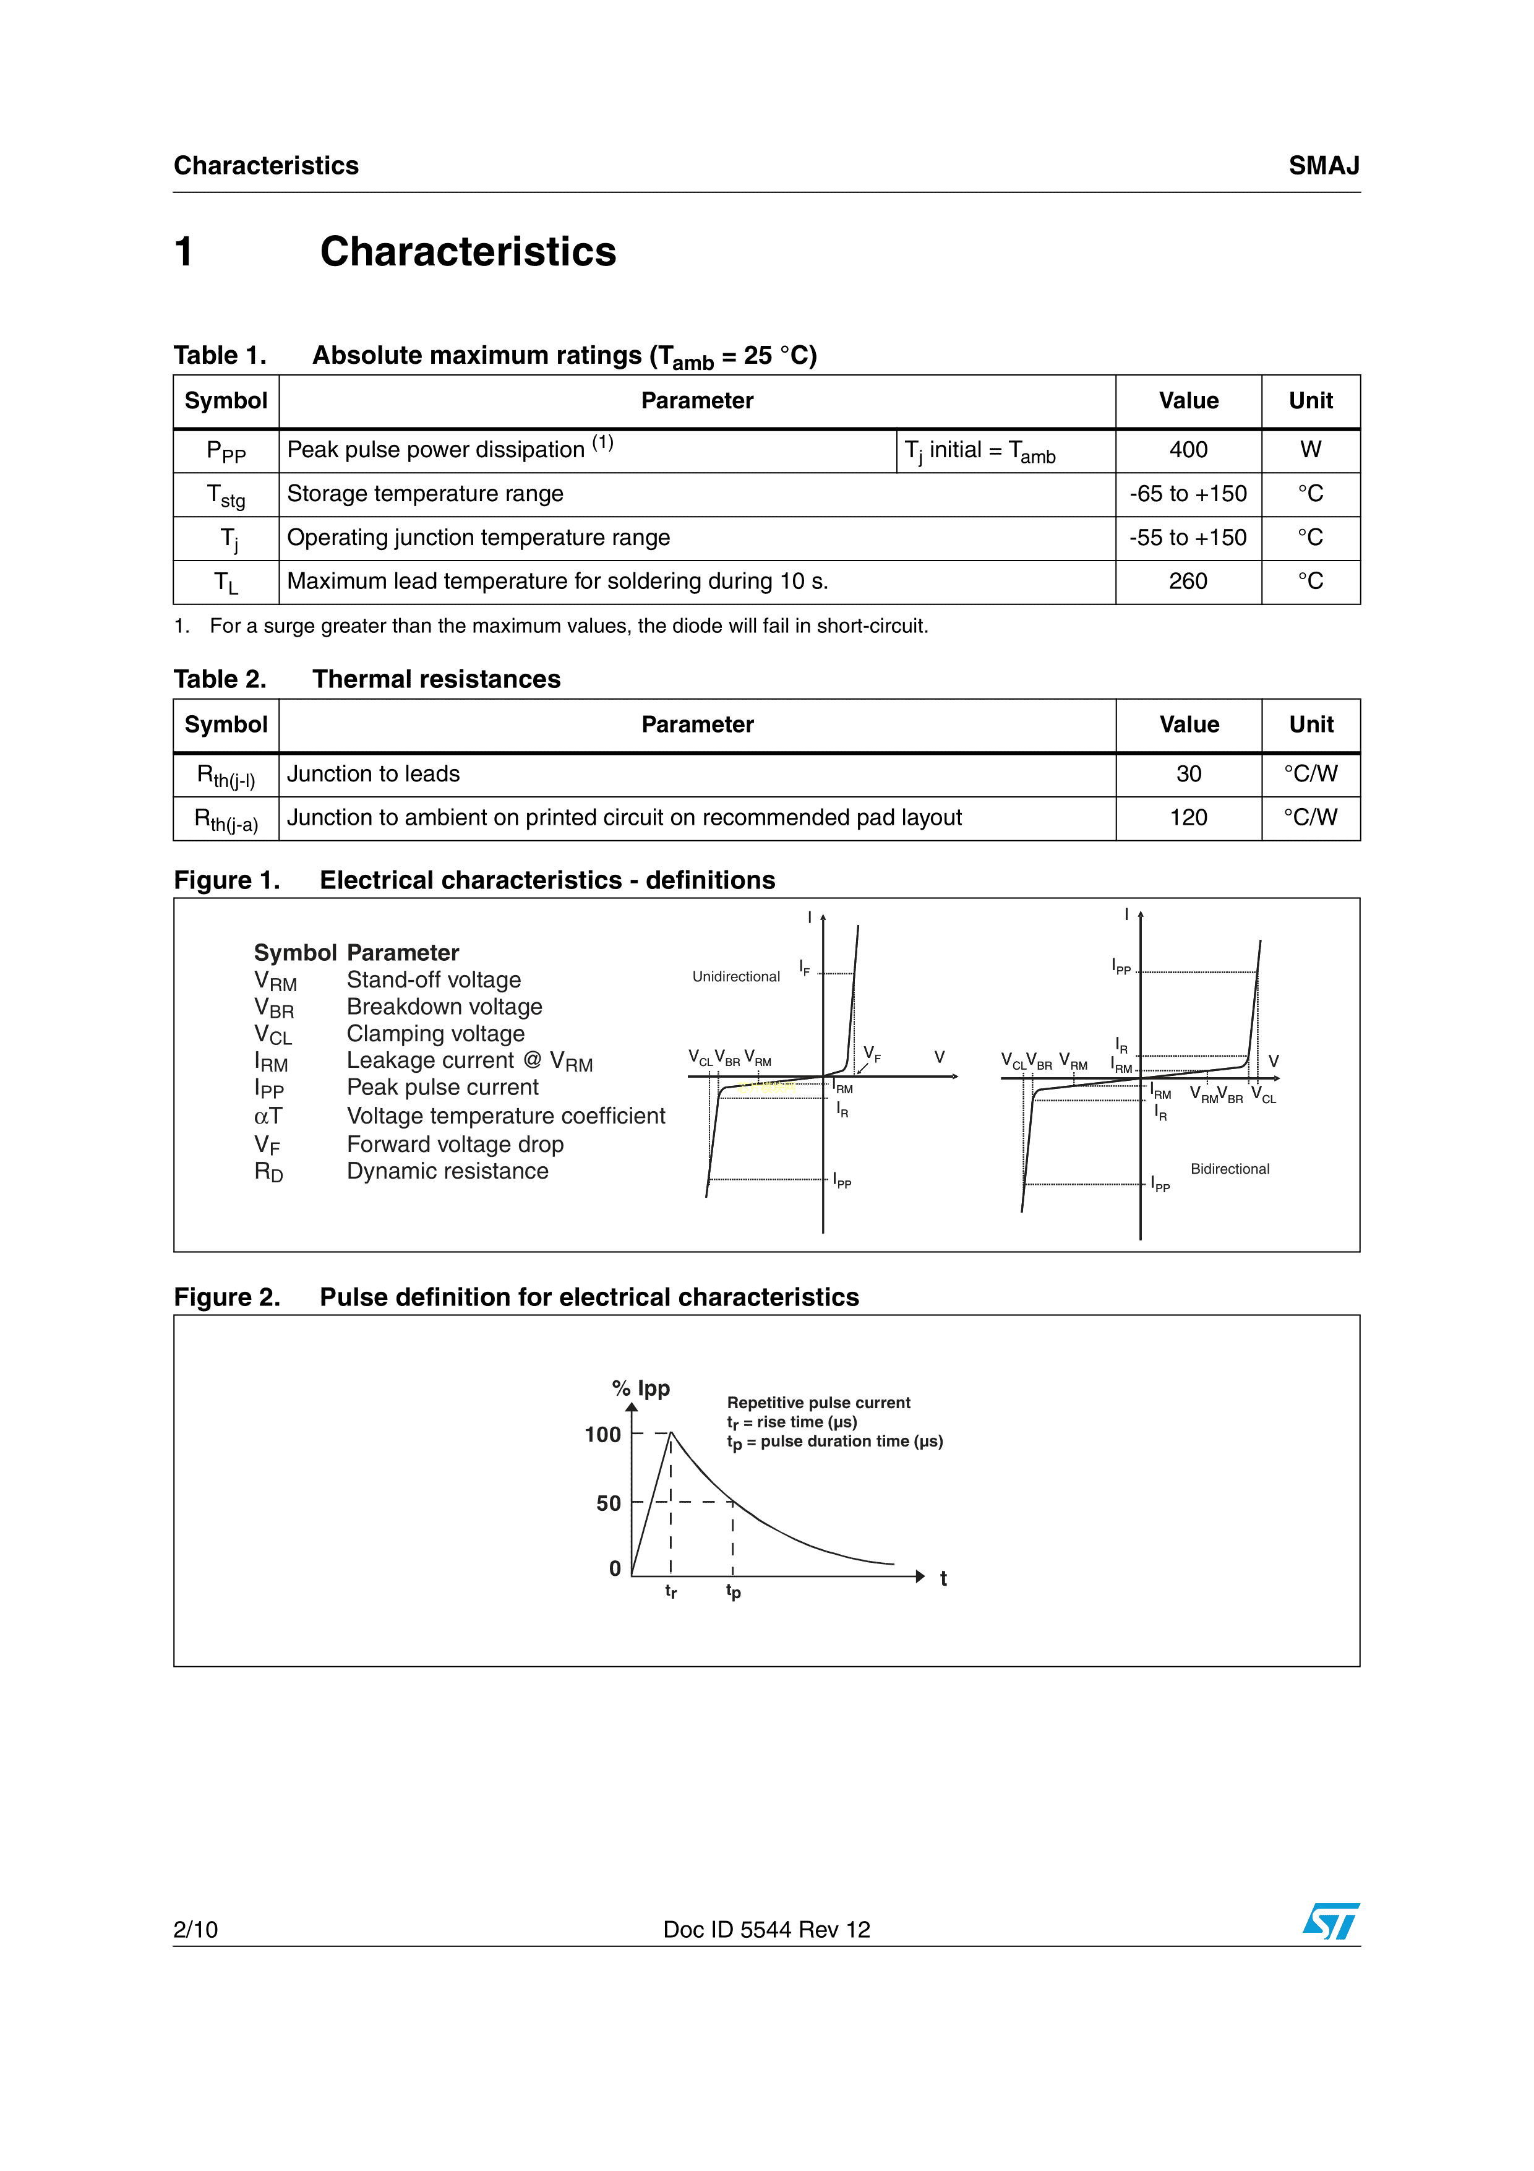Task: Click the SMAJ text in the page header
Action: (1323, 166)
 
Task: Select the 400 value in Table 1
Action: (1188, 450)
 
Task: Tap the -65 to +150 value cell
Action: (1188, 494)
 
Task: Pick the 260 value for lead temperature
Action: (1188, 582)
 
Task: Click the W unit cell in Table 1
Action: (1310, 450)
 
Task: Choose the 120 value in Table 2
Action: (1188, 818)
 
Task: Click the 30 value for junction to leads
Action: (1188, 775)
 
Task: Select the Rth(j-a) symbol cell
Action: (226, 820)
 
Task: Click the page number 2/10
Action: (195, 1930)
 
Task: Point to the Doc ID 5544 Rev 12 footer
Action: (766, 1930)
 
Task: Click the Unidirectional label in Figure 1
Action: (735, 977)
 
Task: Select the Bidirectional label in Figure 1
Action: (1230, 1170)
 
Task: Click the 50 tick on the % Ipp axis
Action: (609, 1503)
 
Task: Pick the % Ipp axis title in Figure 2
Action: (641, 1389)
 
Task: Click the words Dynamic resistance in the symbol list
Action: (447, 1172)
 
